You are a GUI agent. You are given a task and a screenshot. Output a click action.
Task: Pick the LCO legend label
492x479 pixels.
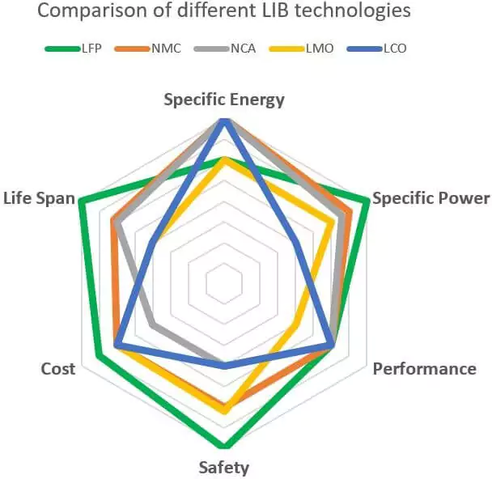394,49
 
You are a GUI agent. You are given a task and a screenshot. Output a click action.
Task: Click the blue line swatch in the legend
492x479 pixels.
362,49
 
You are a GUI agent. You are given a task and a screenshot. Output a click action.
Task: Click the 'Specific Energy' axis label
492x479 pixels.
224,100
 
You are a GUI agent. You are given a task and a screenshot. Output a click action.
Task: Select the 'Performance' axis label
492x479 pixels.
424,369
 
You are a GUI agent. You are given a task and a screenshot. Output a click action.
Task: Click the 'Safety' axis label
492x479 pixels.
224,468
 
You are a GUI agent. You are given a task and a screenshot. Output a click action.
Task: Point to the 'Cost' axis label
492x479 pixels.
58,369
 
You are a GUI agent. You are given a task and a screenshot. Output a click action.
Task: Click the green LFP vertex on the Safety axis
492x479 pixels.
225,445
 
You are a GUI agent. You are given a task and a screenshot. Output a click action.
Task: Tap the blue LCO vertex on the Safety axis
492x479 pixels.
225,367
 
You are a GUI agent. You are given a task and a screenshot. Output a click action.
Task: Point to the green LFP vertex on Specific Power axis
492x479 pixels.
367,201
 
